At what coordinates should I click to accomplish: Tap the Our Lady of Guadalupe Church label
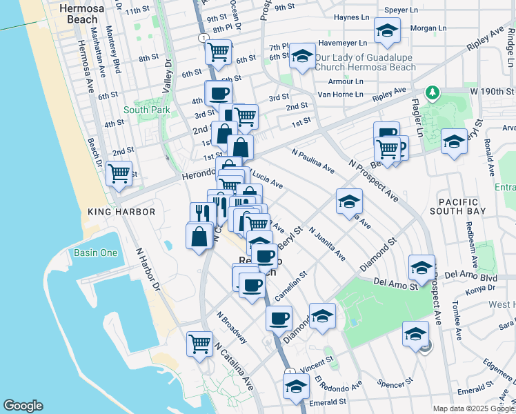366,62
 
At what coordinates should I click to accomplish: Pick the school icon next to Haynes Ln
387,30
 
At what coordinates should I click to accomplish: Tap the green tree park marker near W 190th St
433,92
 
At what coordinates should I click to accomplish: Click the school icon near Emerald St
296,385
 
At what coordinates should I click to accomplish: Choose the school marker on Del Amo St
421,266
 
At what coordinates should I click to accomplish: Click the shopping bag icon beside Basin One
199,235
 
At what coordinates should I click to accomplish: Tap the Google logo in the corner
23,406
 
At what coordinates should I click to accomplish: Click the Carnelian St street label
290,285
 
